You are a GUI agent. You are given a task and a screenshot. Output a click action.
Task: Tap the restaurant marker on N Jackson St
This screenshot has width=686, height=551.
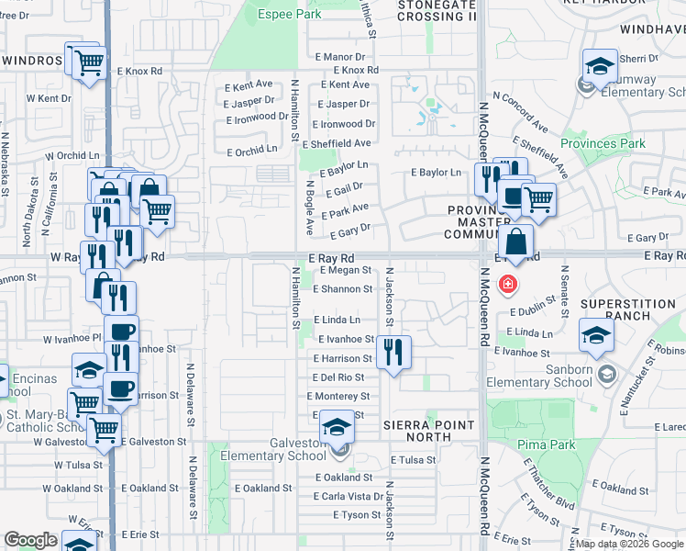(x=393, y=351)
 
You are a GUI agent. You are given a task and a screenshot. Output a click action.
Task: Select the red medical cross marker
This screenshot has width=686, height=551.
(x=505, y=286)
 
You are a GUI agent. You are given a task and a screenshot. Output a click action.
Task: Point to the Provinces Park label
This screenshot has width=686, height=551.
(x=603, y=143)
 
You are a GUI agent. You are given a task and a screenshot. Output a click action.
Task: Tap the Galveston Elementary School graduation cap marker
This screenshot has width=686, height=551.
(x=337, y=427)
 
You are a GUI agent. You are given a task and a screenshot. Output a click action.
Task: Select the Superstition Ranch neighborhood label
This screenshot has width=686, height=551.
(x=628, y=310)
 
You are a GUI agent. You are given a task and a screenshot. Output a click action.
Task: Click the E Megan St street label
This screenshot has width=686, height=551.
(x=345, y=271)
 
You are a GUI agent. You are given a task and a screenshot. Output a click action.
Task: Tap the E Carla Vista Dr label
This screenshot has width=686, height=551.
(x=348, y=496)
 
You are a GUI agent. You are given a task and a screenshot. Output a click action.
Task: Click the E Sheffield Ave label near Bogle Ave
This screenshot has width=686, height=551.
(x=342, y=143)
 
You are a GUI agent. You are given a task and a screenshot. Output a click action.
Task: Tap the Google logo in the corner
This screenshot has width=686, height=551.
(x=30, y=540)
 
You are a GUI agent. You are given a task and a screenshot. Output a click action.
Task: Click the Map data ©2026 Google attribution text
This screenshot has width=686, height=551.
(x=629, y=545)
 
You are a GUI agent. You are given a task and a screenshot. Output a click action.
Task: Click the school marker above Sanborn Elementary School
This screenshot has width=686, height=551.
(x=596, y=337)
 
